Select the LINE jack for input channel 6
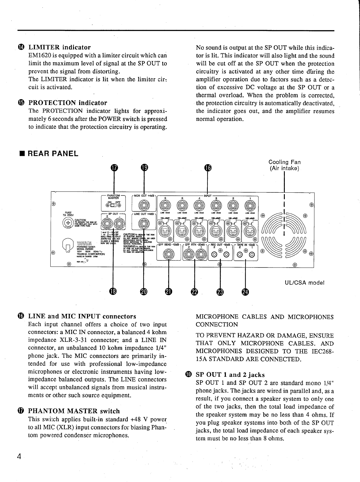[x=165, y=205]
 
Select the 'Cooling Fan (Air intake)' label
[x=285, y=165]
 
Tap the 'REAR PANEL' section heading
[x=53, y=153]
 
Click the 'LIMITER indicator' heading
[x=60, y=47]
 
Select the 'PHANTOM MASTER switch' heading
[x=74, y=411]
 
